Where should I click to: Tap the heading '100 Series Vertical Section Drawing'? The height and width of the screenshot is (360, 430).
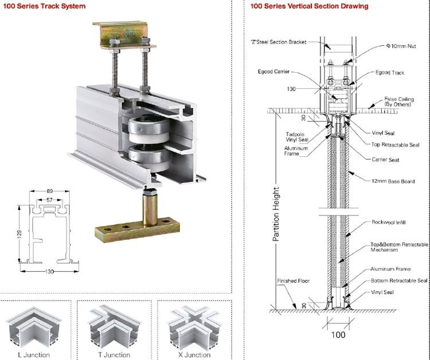[x=310, y=6]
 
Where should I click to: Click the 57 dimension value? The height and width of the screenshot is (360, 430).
[x=50, y=200]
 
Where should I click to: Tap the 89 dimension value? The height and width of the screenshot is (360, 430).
[x=50, y=191]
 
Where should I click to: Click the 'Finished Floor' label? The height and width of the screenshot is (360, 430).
[x=294, y=281]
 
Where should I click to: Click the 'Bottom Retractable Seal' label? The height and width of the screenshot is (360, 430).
[x=398, y=280]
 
